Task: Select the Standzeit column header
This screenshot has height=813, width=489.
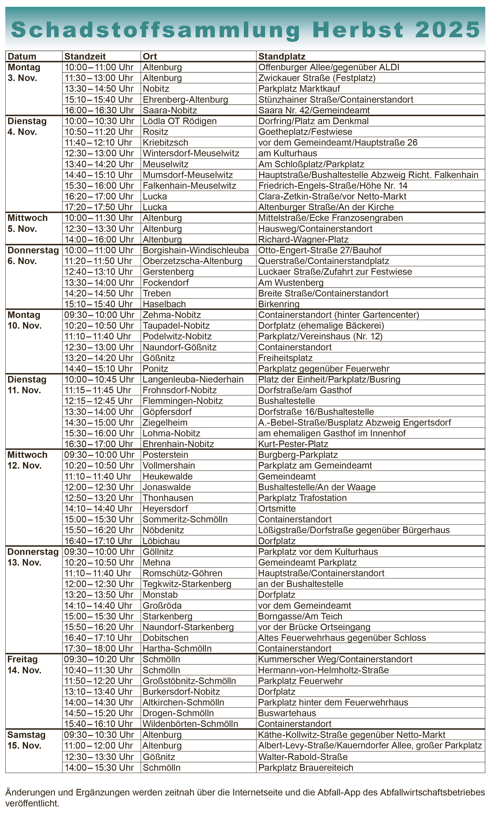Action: pos(85,56)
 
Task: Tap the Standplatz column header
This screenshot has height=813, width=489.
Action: pos(282,56)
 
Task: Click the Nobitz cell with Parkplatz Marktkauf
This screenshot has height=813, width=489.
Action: pos(156,89)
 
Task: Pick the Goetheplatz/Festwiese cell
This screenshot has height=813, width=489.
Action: pos(305,132)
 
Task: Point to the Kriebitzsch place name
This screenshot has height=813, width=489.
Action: pos(165,142)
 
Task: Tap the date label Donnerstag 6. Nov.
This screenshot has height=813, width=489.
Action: pos(33,255)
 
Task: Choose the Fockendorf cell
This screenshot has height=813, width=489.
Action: pos(166,282)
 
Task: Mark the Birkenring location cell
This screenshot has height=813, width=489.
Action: pos(279,304)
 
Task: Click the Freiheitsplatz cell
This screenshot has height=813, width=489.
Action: pos(285,358)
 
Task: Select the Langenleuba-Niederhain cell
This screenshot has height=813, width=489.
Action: pos(193,379)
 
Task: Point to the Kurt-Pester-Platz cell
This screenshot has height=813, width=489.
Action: pos(293,444)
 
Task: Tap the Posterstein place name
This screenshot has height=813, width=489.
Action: pos(165,455)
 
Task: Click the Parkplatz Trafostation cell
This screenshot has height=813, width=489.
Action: pos(302,498)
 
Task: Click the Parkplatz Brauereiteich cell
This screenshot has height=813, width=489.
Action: pos(305,767)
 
